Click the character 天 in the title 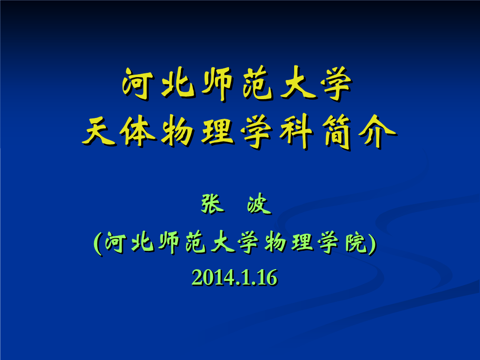pos(99,132)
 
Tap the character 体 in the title pos(137,132)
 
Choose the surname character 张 pos(212,204)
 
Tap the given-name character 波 pos(259,204)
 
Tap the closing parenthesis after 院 pos(372,244)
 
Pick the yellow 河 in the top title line pos(137,83)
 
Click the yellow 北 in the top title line pos(178,83)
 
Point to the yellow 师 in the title pos(217,84)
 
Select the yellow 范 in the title pos(257,83)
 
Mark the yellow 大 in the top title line pos(297,83)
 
